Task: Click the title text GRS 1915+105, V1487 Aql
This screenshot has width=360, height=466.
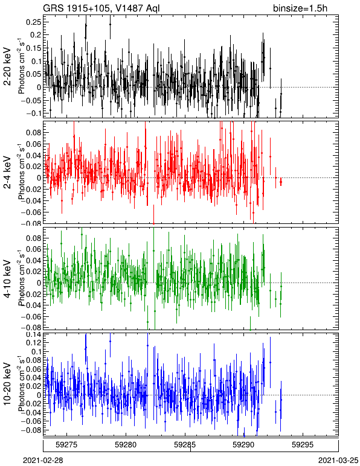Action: click(x=101, y=8)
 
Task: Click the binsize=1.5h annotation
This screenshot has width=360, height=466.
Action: click(x=300, y=8)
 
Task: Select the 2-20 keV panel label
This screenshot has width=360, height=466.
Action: click(x=7, y=66)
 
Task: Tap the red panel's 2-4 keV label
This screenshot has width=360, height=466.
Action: click(x=7, y=173)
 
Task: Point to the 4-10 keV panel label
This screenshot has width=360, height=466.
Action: click(x=7, y=279)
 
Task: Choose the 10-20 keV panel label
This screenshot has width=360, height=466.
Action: click(x=7, y=384)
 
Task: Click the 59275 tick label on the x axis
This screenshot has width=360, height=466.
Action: click(x=66, y=445)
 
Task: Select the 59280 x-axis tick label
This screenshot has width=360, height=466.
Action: click(x=126, y=445)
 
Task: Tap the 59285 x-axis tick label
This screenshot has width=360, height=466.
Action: click(x=185, y=445)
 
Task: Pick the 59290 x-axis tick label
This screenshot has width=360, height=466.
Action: click(x=244, y=445)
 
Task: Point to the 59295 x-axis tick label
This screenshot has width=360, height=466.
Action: click(x=303, y=445)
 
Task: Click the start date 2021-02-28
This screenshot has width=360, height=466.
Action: click(x=43, y=461)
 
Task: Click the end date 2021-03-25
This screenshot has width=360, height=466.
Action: click(x=338, y=461)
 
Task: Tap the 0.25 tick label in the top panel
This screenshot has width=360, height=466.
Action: click(x=34, y=22)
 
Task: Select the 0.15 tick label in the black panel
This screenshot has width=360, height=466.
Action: click(x=34, y=48)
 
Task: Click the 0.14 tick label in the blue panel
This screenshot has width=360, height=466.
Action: click(x=34, y=334)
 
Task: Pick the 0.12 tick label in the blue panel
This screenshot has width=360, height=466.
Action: click(x=34, y=343)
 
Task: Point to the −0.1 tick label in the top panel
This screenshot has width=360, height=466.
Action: click(x=34, y=113)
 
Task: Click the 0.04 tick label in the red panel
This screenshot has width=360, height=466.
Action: click(x=34, y=155)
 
